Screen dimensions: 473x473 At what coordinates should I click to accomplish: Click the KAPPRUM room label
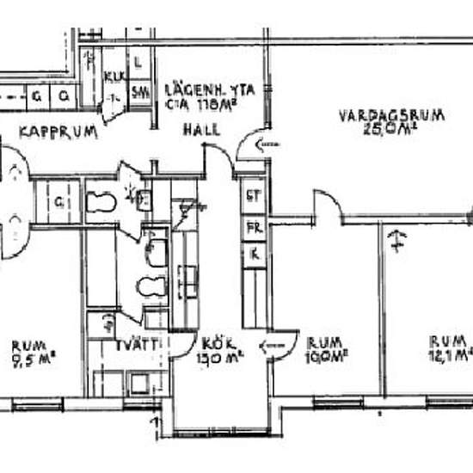(58, 133)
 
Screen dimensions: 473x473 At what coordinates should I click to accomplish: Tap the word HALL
(200, 131)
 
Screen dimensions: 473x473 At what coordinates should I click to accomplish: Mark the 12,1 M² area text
(450, 353)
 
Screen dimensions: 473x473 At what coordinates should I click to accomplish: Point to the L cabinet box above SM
(140, 61)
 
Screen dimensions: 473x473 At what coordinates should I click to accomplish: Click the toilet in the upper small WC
(101, 202)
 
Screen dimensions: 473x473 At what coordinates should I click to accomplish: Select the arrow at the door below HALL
(268, 144)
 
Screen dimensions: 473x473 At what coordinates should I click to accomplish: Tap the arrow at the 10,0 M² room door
(273, 346)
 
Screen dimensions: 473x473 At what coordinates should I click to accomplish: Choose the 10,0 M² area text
(326, 353)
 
